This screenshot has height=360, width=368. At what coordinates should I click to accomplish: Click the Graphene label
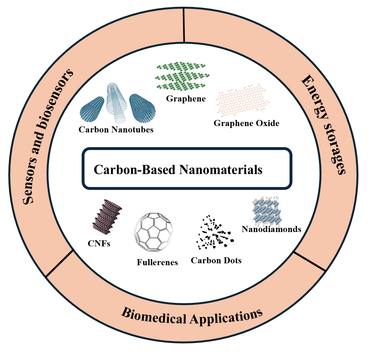(x=186, y=99)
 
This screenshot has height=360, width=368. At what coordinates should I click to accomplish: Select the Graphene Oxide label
(x=246, y=123)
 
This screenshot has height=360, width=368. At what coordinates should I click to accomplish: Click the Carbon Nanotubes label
(x=116, y=130)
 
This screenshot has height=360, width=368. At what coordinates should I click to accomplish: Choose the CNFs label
(x=99, y=244)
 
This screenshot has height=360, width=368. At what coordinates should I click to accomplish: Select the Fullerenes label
(x=157, y=262)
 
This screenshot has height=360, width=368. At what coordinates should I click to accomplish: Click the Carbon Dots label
(x=216, y=260)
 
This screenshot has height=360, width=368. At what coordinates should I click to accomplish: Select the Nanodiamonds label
(x=271, y=229)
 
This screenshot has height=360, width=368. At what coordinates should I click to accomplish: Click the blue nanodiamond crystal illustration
(x=268, y=211)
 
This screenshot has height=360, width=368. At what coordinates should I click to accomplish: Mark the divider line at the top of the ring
(x=184, y=26)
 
